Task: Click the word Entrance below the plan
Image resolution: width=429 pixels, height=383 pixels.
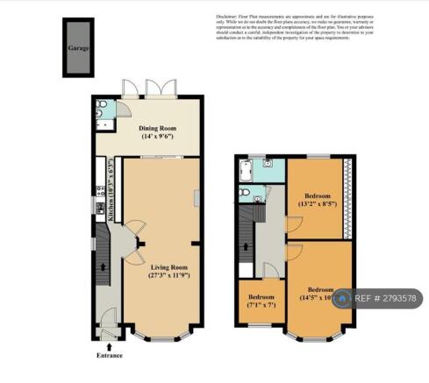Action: [x=110, y=355]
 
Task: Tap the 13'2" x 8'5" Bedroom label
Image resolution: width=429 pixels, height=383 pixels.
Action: [x=317, y=201]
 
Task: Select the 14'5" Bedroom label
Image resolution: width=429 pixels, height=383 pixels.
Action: [x=318, y=294]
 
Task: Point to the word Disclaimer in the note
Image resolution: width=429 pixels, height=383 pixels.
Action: [x=231, y=17]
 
